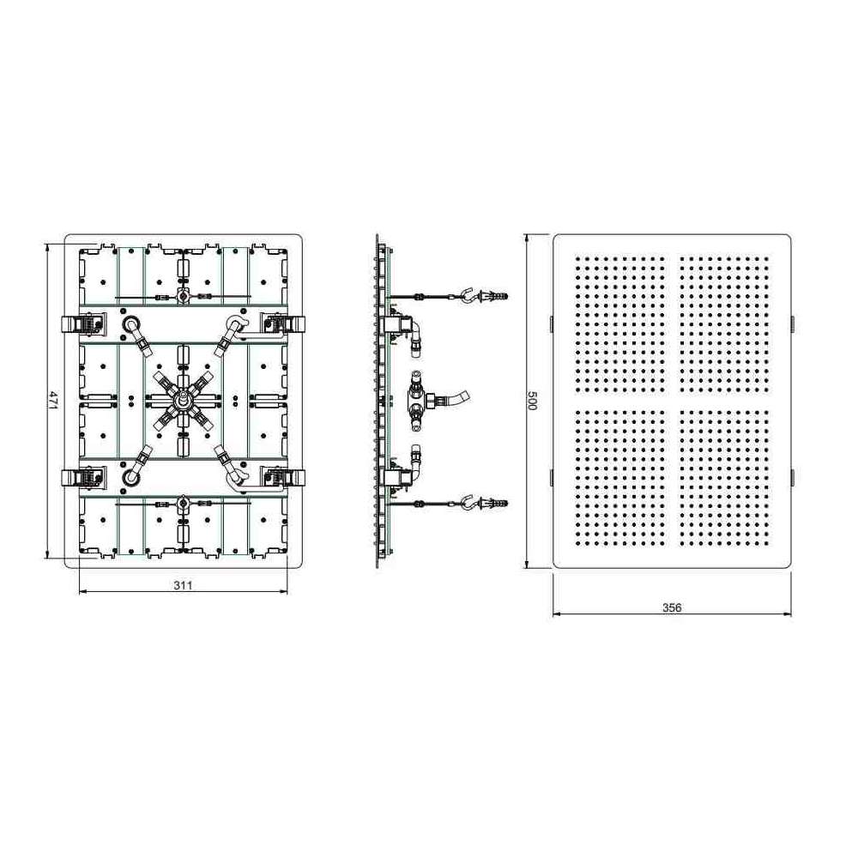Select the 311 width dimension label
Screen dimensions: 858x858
point(184,585)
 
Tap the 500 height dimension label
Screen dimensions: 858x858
point(531,400)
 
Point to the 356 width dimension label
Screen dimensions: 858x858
point(672,607)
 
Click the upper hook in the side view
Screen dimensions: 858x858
point(470,293)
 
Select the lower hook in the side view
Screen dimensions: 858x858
point(470,502)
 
